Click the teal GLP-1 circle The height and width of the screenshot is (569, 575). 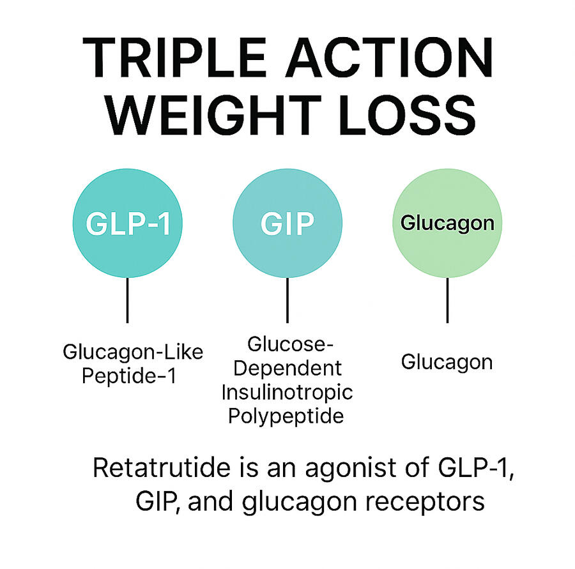coord(128,223)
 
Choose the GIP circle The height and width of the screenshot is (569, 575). coord(287,223)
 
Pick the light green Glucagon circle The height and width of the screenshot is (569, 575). coord(447,223)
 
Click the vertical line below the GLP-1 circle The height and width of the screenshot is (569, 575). coord(127,300)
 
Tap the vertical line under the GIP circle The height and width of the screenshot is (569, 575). coord(287,300)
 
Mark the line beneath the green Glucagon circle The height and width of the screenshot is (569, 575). coord(447,300)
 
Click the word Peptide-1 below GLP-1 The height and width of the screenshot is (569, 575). coord(129,376)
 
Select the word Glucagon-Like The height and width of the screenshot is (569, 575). coord(133,353)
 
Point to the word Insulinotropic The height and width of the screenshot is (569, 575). coord(287,393)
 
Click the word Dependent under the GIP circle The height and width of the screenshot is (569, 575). coord(287,368)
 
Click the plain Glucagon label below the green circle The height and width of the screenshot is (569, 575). coord(447,363)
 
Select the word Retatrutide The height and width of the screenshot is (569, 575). coord(162,468)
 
